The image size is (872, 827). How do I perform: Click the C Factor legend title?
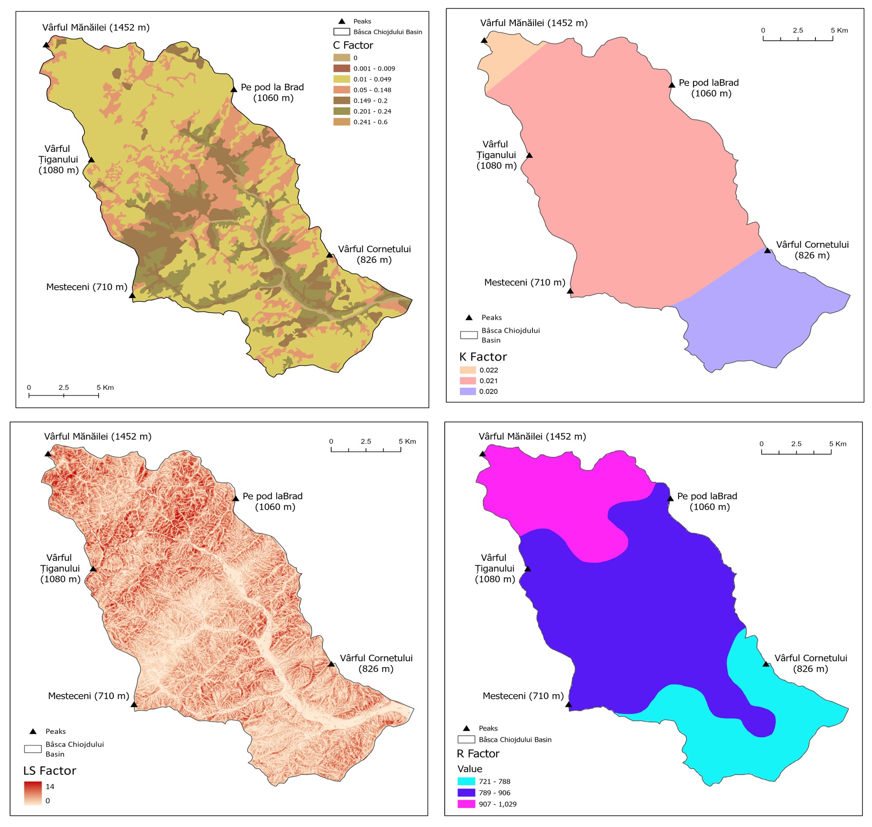point(353,45)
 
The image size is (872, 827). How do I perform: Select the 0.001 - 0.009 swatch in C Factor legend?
point(342,68)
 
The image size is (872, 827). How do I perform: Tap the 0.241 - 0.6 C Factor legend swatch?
point(342,122)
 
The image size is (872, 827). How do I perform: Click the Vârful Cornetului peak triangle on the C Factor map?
point(329,255)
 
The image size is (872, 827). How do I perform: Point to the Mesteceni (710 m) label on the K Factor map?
point(524,283)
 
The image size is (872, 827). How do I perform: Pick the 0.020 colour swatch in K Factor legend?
point(468,391)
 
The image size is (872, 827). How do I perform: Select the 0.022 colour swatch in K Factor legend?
point(468,370)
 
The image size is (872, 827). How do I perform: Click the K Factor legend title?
point(483,357)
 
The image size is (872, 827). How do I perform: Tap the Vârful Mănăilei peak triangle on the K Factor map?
point(484,40)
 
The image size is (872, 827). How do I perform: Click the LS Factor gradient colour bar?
point(32,794)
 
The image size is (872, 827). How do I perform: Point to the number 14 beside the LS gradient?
point(50,787)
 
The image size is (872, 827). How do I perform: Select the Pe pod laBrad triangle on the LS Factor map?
point(236,498)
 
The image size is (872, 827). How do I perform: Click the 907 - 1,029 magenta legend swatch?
point(466,804)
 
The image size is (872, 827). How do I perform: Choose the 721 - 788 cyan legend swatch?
point(466,782)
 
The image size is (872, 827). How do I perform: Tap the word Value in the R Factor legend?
point(470,769)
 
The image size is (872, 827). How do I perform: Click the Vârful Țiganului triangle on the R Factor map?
point(527,569)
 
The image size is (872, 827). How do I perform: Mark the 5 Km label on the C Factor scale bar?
point(105,387)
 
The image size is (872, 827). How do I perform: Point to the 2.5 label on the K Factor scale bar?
point(797,30)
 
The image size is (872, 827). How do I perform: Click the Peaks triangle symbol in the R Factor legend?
point(466,728)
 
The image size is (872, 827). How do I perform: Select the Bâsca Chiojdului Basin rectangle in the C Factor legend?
point(342,32)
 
